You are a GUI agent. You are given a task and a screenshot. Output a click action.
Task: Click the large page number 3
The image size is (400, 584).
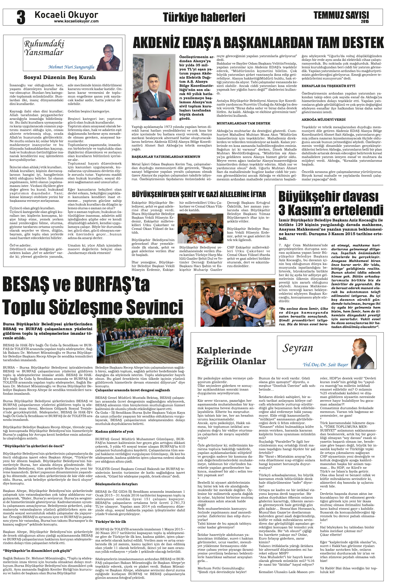pos(21,17)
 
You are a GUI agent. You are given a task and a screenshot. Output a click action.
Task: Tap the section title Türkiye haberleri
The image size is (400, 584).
pos(204,17)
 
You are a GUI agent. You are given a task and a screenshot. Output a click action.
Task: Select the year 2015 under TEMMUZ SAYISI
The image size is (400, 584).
pos(365,22)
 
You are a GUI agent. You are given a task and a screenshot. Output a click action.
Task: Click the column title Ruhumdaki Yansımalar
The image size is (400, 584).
pos(44,48)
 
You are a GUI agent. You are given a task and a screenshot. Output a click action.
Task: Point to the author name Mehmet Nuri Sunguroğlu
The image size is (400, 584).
pos(71,67)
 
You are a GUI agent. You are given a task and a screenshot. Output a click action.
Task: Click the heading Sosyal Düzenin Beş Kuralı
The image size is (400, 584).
pos(59,77)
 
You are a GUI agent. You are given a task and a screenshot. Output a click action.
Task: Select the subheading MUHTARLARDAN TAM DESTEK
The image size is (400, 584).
pos(243,123)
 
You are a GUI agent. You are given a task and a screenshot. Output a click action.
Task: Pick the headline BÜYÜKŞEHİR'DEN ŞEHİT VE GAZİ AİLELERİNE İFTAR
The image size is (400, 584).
pos(199,194)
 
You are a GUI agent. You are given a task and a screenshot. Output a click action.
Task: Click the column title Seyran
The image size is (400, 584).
pos(298,348)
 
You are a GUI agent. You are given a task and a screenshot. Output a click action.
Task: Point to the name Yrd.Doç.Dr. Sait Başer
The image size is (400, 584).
pos(325,365)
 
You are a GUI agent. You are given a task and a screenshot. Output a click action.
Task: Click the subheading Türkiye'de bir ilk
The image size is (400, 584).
pos(111,521)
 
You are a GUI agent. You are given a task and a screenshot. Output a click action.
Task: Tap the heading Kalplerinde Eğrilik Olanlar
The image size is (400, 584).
pos(231,356)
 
